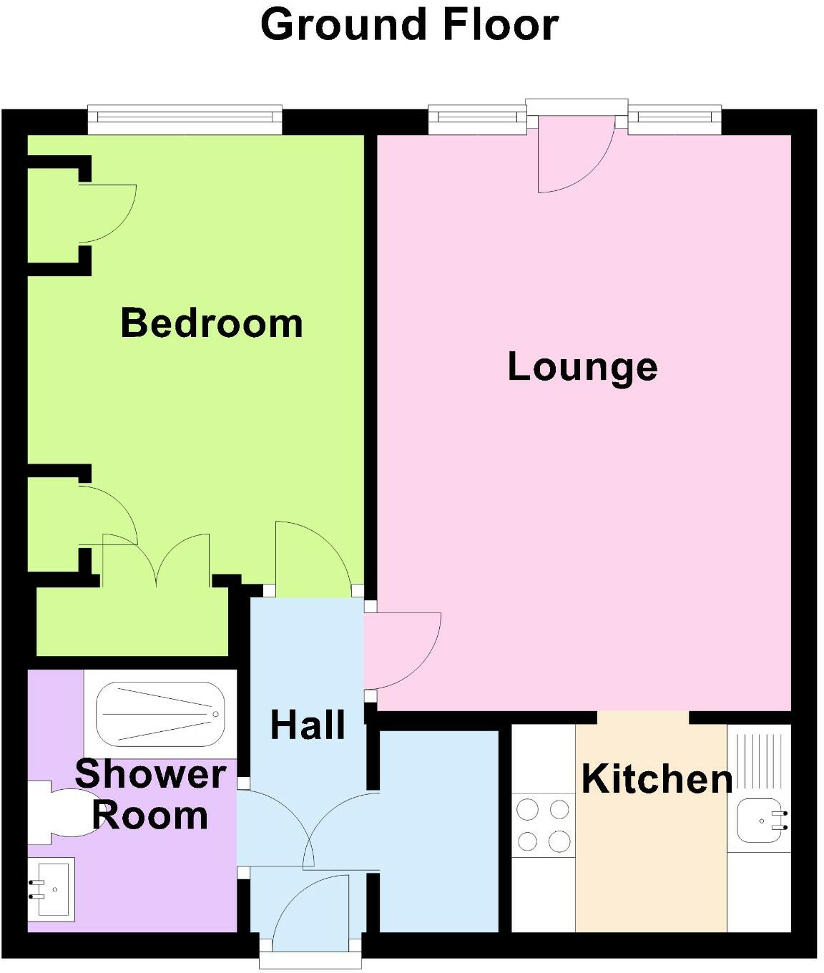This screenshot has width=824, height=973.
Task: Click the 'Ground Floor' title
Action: (409, 24)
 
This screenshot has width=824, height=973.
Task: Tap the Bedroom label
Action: (212, 323)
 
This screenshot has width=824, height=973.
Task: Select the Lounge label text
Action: (582, 367)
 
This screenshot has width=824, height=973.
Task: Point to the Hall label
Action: (308, 725)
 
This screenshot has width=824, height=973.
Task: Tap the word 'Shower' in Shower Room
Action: (150, 774)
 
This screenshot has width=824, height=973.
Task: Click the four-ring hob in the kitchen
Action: (544, 826)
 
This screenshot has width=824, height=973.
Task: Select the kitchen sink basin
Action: (760, 820)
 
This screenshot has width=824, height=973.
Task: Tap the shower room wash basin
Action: (51, 889)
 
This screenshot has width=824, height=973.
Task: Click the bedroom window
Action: (185, 119)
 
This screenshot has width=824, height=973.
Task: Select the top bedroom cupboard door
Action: (106, 213)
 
